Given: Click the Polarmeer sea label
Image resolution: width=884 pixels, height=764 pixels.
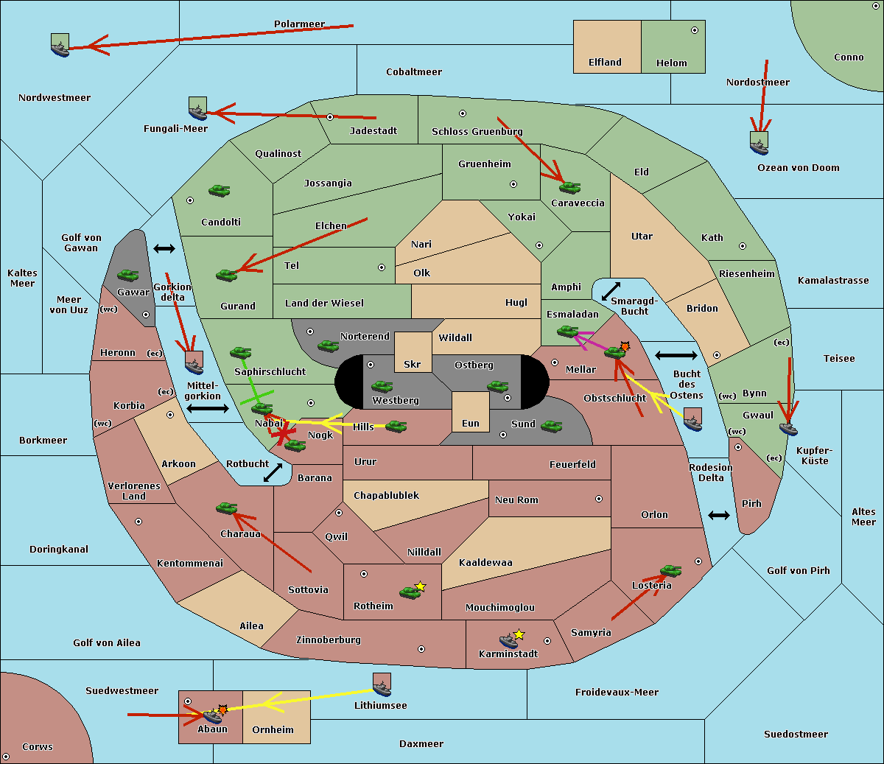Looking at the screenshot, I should tap(299, 24).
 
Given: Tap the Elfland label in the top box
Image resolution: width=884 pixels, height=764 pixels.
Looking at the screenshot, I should tap(605, 63).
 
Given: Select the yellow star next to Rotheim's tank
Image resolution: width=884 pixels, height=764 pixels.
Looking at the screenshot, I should tap(421, 586).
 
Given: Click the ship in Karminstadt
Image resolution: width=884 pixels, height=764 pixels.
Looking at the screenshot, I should tap(508, 640).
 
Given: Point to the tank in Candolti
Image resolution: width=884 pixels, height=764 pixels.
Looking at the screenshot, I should tap(219, 190).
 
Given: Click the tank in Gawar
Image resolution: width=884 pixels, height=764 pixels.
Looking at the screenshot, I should tap(127, 275).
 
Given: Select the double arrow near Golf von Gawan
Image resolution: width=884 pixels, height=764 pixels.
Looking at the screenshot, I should tap(164, 249).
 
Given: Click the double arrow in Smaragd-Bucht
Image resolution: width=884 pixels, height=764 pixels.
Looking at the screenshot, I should tap(611, 292).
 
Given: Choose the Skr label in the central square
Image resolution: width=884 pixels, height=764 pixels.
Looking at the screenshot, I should tap(413, 364).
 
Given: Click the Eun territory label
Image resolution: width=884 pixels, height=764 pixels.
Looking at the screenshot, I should tap(471, 424).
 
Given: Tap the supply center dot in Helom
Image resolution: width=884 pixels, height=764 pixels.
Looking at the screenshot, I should tap(694, 30).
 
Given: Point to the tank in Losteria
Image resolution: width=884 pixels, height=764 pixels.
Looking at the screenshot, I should tap(670, 570).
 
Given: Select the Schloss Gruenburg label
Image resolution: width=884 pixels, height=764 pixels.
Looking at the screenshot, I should tap(477, 132).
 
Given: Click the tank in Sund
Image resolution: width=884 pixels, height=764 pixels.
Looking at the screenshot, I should tap(551, 426).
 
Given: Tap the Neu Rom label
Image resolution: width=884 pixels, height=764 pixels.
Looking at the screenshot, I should tap(516, 500).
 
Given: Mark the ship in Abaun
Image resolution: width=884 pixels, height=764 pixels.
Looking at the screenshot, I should tap(211, 715).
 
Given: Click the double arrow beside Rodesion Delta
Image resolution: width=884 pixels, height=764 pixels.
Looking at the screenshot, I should tap(719, 515).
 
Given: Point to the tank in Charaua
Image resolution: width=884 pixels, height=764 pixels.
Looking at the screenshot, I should tap(226, 508).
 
